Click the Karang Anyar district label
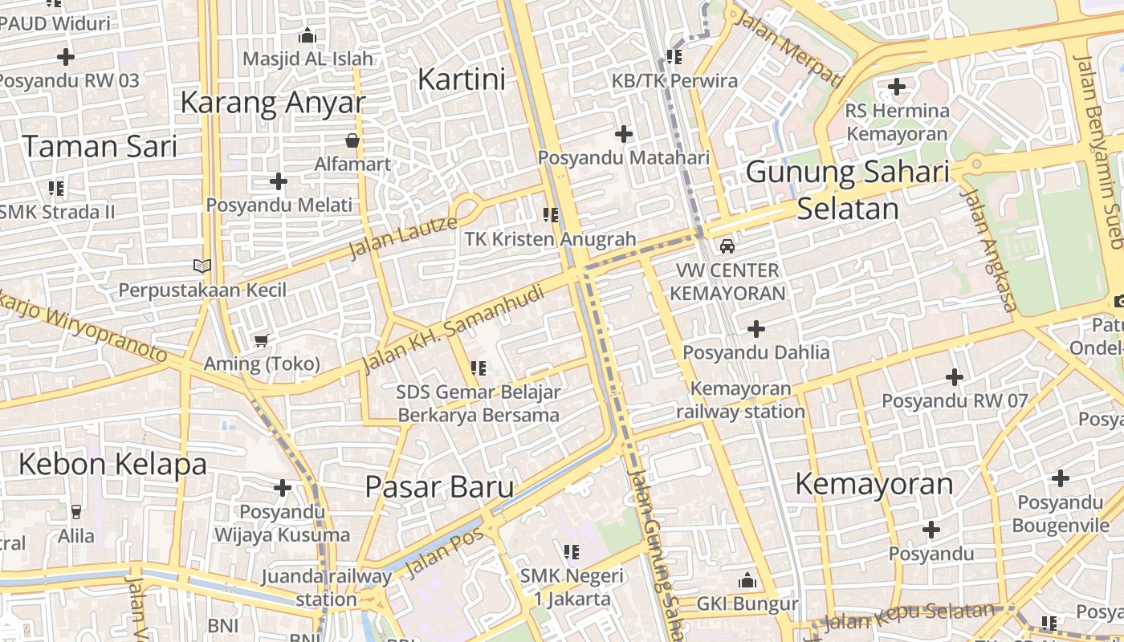[272, 103]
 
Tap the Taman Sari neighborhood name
[100, 146]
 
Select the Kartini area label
[462, 79]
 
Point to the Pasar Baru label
[439, 486]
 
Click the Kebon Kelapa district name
[112, 464]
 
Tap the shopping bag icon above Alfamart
[352, 141]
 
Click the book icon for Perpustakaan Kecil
[202, 266]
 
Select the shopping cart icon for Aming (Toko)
[261, 341]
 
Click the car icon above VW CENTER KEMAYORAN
[727, 246]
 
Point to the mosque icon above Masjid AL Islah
[307, 36]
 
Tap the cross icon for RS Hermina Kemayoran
[897, 86]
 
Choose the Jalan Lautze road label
[403, 237]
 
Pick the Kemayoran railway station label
[740, 400]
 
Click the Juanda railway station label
[327, 587]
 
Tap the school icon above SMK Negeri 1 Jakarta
[572, 551]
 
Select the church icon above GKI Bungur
[747, 579]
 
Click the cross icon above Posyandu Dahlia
[755, 329]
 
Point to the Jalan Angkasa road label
[989, 250]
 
